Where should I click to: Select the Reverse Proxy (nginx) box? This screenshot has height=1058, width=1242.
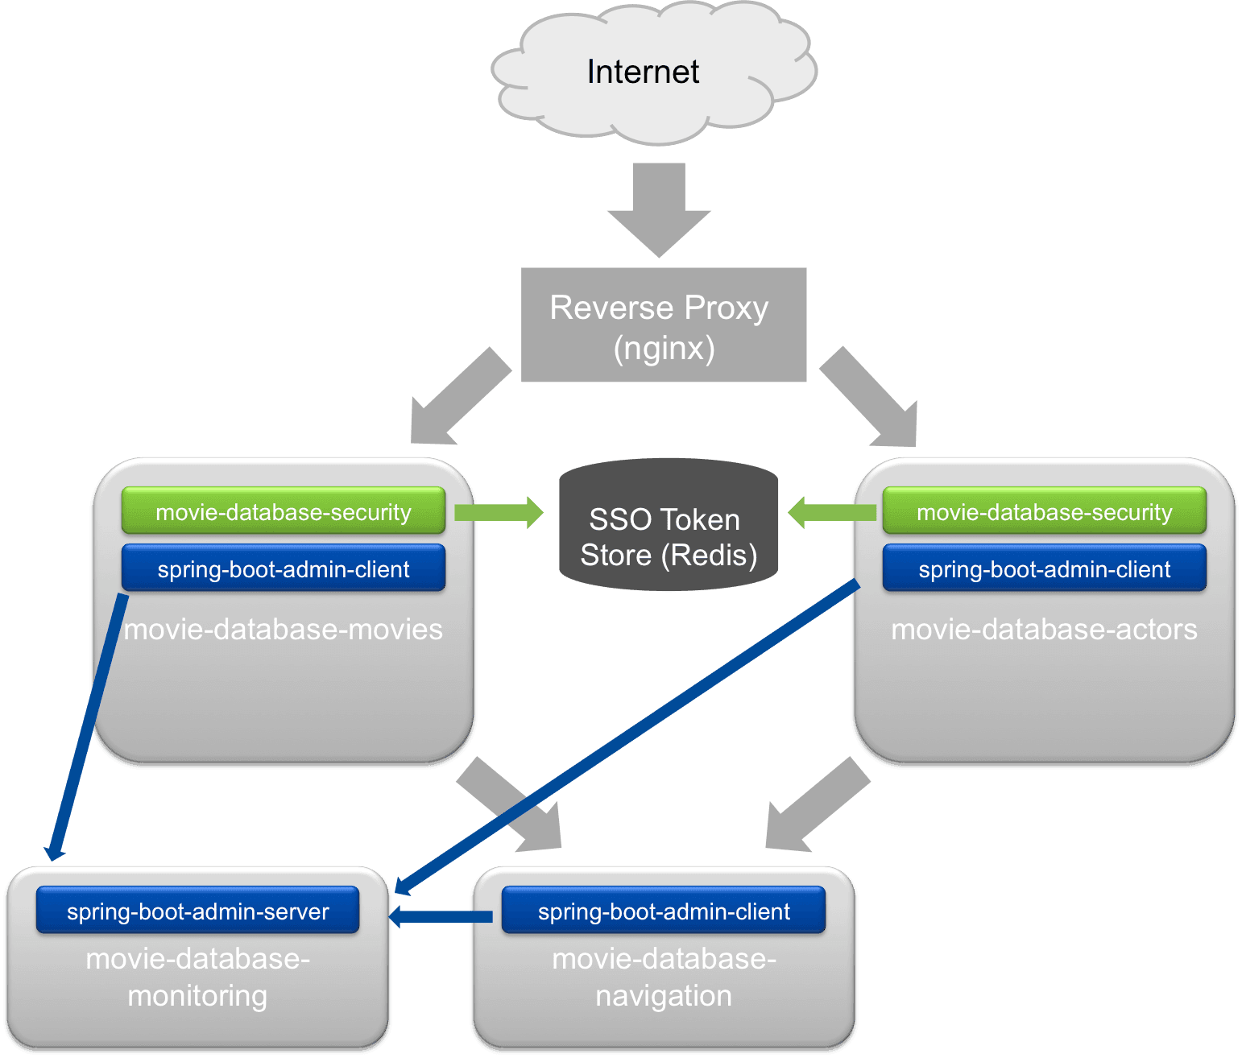click(663, 324)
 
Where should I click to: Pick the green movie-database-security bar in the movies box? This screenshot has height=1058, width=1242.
click(283, 511)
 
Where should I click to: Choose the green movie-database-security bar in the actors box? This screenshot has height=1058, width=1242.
click(1044, 511)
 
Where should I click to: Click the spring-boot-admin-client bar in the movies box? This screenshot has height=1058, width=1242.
click(283, 568)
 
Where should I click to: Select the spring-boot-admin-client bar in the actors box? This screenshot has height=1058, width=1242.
click(1044, 568)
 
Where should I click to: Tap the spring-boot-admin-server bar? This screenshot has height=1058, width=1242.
click(197, 911)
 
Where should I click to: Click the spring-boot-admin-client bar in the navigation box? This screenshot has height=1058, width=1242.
click(663, 911)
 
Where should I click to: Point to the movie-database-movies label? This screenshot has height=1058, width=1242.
click(283, 629)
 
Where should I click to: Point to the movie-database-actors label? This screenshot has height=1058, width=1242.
click(1044, 629)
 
